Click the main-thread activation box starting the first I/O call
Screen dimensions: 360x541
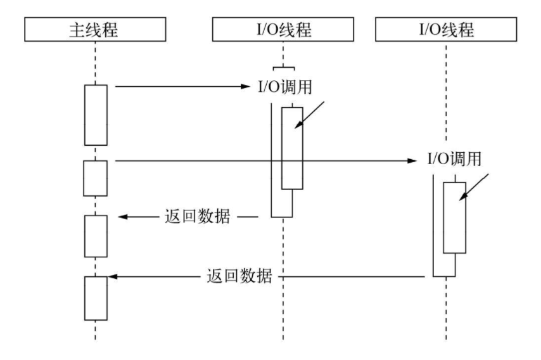[x=96, y=114]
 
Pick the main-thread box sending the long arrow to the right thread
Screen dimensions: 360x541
[x=96, y=178]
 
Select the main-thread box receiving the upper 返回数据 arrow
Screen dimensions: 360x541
[x=96, y=236]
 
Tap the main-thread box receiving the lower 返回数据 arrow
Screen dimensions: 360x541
[x=96, y=298]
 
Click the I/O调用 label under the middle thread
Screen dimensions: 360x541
[x=283, y=86]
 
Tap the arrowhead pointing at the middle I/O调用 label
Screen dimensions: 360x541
[x=248, y=86]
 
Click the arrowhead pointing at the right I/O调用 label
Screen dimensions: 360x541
[x=412, y=161]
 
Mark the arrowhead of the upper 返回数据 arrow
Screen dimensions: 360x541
[x=124, y=217]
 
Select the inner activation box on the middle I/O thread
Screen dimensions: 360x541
[x=293, y=148]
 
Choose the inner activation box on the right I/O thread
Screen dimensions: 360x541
[x=455, y=217]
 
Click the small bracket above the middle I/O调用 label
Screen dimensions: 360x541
[x=283, y=68]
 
